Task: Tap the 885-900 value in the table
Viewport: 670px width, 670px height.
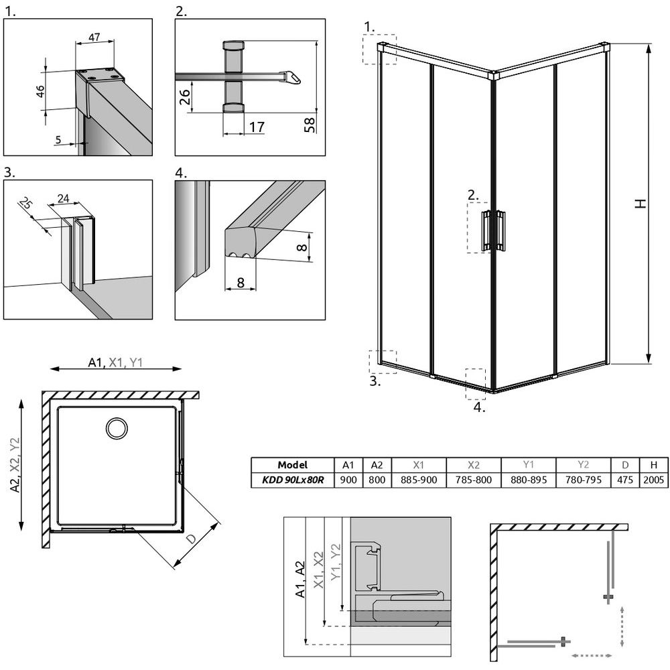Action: click(x=419, y=480)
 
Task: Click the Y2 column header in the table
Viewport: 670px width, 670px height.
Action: click(x=582, y=465)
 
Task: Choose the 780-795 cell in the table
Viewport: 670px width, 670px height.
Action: click(x=582, y=480)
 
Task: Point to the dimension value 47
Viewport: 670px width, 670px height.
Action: click(x=94, y=38)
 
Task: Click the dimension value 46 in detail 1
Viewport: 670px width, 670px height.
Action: click(x=40, y=90)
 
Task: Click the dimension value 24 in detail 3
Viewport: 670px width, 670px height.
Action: click(x=64, y=198)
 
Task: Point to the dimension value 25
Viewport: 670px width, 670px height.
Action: click(x=26, y=203)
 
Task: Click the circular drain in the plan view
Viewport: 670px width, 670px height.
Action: click(x=118, y=427)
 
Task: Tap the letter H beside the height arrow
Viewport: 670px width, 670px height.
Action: click(x=641, y=204)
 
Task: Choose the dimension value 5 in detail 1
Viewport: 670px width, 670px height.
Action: click(x=59, y=139)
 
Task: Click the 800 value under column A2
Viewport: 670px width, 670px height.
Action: click(x=377, y=480)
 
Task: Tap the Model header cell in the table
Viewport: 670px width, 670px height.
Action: click(x=292, y=465)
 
